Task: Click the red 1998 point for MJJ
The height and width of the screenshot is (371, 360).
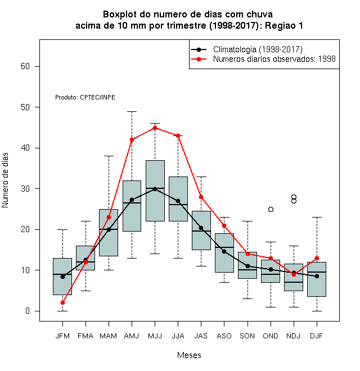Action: (155, 128)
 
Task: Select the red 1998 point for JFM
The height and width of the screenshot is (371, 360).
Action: (62, 302)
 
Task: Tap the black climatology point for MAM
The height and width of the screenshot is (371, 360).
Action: (109, 229)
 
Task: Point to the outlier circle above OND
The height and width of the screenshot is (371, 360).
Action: (271, 210)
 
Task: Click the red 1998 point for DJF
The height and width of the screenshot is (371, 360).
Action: (317, 258)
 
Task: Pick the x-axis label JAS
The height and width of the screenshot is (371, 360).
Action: (201, 336)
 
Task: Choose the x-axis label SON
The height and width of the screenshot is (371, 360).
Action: (247, 336)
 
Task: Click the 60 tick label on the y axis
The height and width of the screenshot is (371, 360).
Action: (25, 66)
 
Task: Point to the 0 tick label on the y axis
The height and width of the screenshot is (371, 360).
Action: (28, 311)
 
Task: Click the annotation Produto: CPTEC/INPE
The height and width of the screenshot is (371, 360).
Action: (85, 97)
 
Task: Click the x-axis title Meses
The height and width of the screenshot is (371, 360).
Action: (189, 355)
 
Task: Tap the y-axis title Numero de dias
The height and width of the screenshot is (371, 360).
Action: (5, 180)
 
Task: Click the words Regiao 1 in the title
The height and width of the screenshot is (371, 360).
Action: (283, 25)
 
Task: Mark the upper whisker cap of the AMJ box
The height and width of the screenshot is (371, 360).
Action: (132, 111)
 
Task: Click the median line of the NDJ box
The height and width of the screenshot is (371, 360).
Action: (294, 282)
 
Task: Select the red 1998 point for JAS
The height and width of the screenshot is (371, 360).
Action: (201, 197)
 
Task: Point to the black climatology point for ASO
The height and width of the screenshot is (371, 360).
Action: (224, 251)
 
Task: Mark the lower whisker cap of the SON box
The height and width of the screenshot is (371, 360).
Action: (247, 298)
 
